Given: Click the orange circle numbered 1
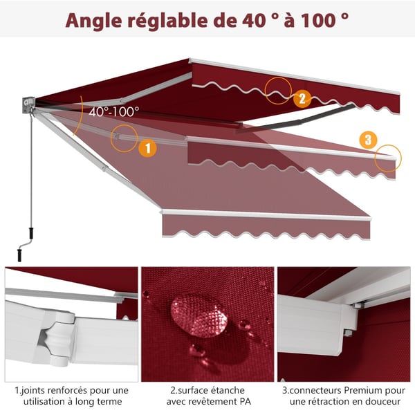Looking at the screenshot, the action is coord(148,148).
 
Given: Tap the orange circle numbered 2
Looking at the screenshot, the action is coord(302,99).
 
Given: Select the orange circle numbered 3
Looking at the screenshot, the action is coord(368,140).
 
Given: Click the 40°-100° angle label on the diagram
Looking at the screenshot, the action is coord(114,112).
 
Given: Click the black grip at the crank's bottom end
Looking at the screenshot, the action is coord(19,255).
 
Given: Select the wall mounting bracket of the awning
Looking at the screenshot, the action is coord(28,105).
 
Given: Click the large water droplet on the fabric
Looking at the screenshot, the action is coord(199,316).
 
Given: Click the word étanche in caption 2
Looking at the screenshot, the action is coord(227,390).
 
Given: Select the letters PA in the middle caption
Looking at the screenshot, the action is coord(245,401).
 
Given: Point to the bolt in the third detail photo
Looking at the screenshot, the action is coord(347,333).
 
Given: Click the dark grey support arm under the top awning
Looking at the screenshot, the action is coord(295,120).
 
